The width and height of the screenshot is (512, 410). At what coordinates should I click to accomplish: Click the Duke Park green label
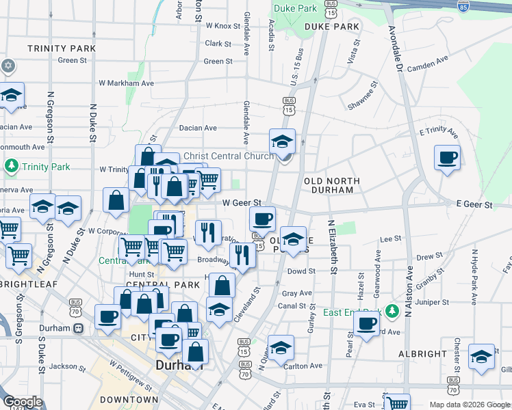pyautogui.click(x=295, y=8)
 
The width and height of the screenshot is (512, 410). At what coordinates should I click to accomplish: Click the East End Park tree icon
pyautogui.click(x=392, y=312)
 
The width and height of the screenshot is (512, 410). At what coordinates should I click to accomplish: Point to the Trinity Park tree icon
pyautogui.click(x=11, y=166)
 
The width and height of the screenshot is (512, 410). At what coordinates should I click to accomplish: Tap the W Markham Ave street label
pyautogui.click(x=126, y=83)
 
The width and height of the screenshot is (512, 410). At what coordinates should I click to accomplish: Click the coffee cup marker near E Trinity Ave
pyautogui.click(x=447, y=158)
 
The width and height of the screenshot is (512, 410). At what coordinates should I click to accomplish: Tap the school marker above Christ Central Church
pyautogui.click(x=282, y=142)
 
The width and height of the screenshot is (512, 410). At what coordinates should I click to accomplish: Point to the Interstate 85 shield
pyautogui.click(x=463, y=7)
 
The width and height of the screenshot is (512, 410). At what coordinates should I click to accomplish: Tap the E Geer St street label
pyautogui.click(x=474, y=204)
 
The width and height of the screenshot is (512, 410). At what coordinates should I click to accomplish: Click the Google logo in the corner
pyautogui.click(x=23, y=402)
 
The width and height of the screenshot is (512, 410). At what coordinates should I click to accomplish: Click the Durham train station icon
pyautogui.click(x=78, y=328)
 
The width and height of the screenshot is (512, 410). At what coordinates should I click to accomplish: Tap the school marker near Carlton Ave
pyautogui.click(x=280, y=348)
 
